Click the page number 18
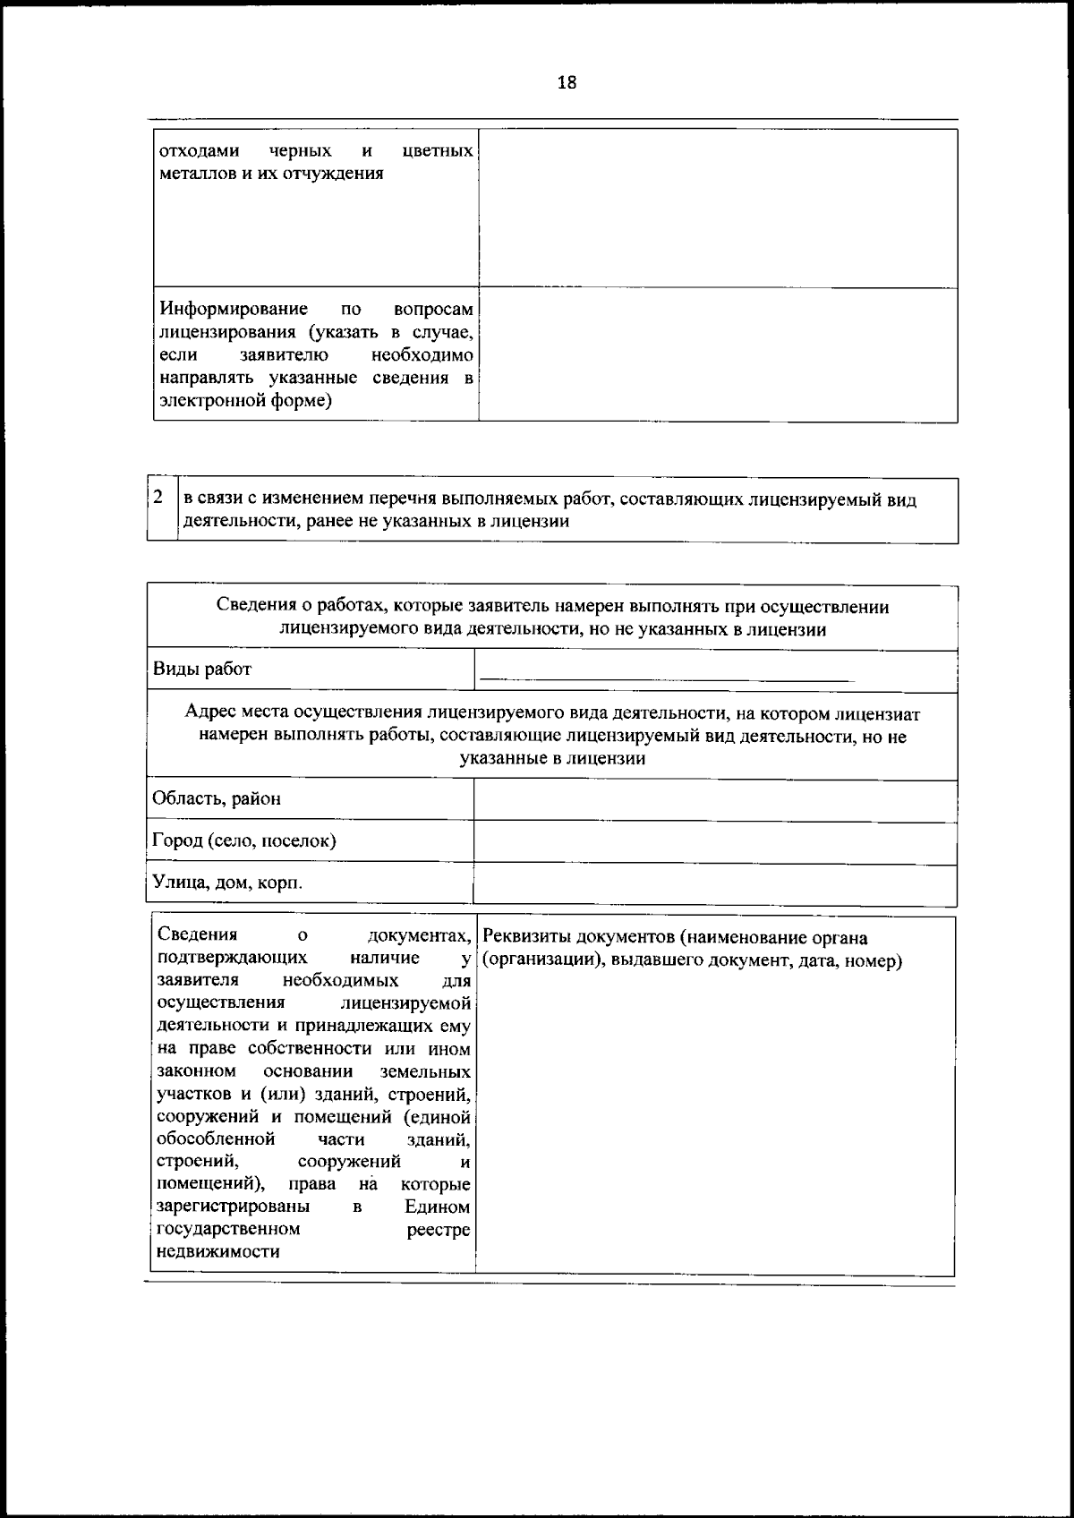(x=566, y=83)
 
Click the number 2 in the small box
(x=158, y=498)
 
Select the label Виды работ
(x=202, y=669)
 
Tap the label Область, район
(x=217, y=798)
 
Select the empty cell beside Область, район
(x=714, y=800)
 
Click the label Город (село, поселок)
(x=244, y=840)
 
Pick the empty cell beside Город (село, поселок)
(x=714, y=843)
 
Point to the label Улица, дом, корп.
(x=227, y=883)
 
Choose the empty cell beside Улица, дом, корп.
(x=714, y=884)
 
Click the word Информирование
(x=234, y=309)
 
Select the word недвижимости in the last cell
(x=217, y=1251)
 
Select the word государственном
(x=228, y=1229)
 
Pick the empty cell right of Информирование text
(x=717, y=354)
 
